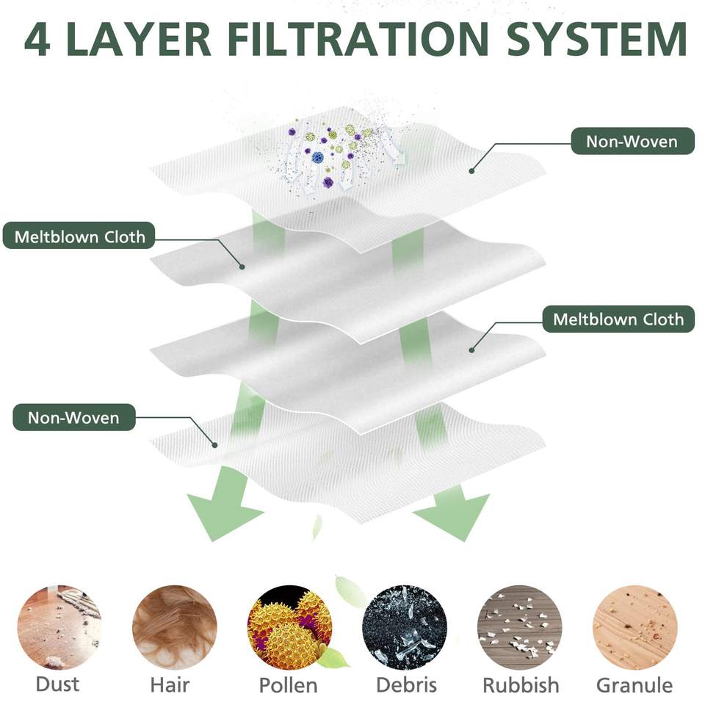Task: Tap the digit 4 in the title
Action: pyautogui.click(x=37, y=40)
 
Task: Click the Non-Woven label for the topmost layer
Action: pyautogui.click(x=632, y=140)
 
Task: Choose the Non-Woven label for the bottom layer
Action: pyautogui.click(x=73, y=418)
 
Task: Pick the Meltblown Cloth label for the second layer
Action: pyautogui.click(x=80, y=237)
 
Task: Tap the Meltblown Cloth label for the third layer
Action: pyautogui.click(x=618, y=319)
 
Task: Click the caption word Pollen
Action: pyautogui.click(x=288, y=685)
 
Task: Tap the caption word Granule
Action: pyautogui.click(x=634, y=685)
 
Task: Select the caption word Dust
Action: pyautogui.click(x=57, y=684)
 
